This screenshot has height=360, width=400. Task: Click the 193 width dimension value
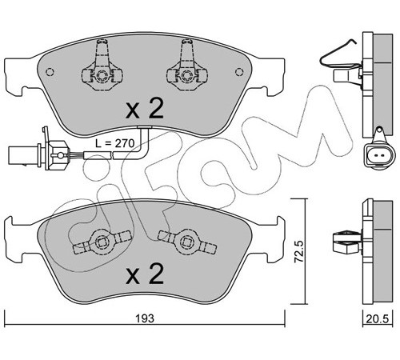pos(145,318)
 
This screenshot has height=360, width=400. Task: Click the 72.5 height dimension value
pos(299,251)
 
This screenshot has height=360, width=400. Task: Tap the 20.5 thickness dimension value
pos(378,319)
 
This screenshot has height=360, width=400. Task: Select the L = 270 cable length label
pos(115,143)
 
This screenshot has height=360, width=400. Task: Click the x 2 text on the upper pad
pos(144,109)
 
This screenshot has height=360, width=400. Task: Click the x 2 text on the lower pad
pos(144,274)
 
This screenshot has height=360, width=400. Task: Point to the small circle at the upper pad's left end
pos(50,72)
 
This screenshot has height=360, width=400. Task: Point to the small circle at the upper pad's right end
pos(239,72)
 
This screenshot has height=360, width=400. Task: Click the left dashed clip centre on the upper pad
pos(102,75)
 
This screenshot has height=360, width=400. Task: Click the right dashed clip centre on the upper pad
pos(186,75)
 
